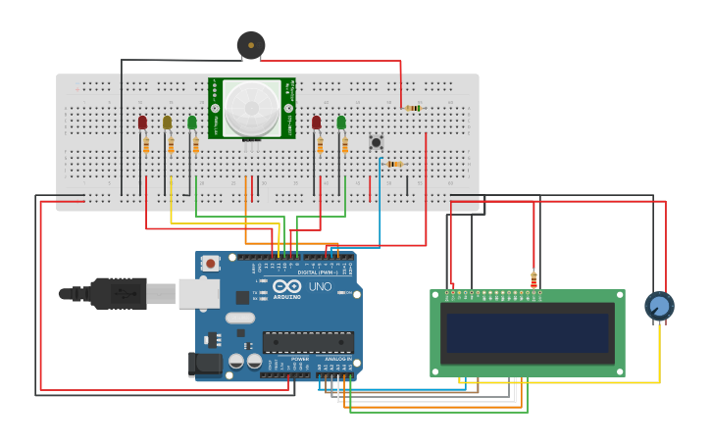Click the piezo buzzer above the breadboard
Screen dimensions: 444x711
pos(251,44)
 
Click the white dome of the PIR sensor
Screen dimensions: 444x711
pos(251,108)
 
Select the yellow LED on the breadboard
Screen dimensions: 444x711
pos(167,123)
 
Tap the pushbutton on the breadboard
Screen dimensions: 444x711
pos(376,143)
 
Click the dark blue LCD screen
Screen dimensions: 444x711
pos(528,333)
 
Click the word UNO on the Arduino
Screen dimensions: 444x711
pos(321,286)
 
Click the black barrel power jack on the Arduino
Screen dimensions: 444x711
pos(204,365)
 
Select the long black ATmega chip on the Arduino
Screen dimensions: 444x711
pos(307,342)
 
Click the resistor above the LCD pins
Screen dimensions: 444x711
pos(533,278)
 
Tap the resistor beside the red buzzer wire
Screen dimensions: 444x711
pos(413,108)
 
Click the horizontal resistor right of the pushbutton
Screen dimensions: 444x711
pos(394,164)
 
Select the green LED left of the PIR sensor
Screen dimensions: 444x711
pos(192,123)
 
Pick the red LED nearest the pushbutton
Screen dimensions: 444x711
pos(316,123)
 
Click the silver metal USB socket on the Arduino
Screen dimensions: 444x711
pos(198,293)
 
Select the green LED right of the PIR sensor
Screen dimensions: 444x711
pos(341,123)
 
